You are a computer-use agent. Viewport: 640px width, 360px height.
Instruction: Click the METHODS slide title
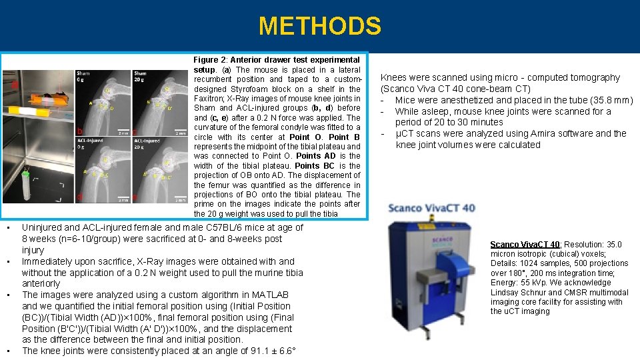point(320,27)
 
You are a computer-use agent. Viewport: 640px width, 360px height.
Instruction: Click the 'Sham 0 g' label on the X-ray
point(83,77)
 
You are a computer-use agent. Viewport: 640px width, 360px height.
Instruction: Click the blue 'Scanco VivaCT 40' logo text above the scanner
point(432,209)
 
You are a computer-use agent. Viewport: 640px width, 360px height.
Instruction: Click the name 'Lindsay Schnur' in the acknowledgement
point(517,292)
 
